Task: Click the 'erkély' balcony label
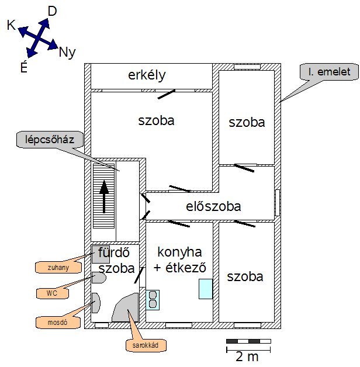(x=147, y=75)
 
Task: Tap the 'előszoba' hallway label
(x=213, y=206)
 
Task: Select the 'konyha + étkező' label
(x=179, y=259)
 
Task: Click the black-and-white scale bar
(x=247, y=340)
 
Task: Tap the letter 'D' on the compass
(x=52, y=11)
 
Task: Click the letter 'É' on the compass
(x=23, y=67)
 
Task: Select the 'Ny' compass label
(x=67, y=52)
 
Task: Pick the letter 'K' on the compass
(x=11, y=25)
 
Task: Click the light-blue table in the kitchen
(x=205, y=289)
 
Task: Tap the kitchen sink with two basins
(x=153, y=299)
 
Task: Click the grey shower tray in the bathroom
(x=101, y=254)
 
